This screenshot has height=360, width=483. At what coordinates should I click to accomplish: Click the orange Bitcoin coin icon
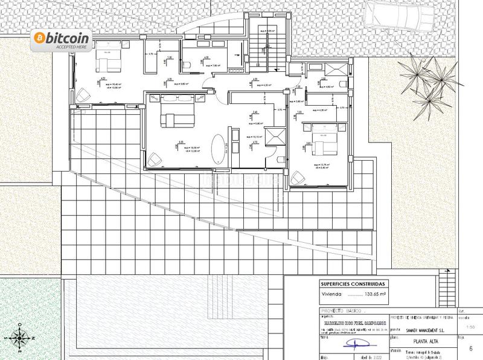[40, 38]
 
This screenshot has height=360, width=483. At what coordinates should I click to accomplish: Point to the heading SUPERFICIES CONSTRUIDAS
[354, 284]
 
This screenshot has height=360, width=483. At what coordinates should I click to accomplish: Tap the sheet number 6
[470, 349]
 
